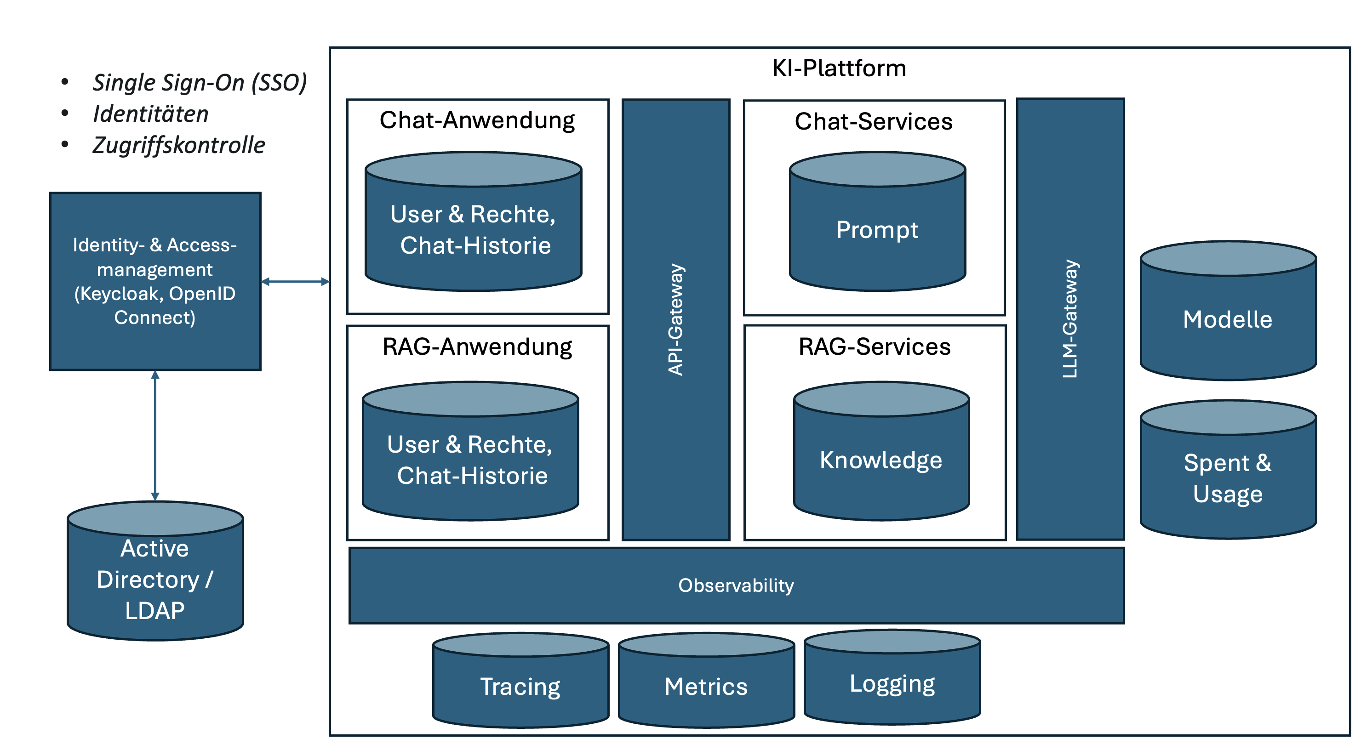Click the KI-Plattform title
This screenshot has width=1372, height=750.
click(839, 68)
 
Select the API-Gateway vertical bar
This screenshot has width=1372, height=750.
click(675, 319)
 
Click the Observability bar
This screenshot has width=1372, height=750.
click(736, 585)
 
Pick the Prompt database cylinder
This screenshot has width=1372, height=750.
click(877, 229)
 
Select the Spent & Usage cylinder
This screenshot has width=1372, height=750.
click(1227, 477)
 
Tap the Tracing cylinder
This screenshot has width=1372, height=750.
click(520, 686)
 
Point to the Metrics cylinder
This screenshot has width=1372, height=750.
click(706, 686)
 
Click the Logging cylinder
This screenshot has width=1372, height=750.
click(892, 683)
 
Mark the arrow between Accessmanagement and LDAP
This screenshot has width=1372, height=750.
click(154, 435)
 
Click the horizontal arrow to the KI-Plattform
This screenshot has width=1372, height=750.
click(295, 281)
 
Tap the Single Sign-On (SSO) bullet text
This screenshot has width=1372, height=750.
click(199, 83)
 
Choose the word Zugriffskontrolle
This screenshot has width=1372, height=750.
click(178, 145)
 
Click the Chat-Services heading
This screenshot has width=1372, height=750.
click(873, 121)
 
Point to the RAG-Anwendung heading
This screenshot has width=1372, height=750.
click(477, 347)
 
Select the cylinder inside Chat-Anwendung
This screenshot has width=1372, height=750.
click(473, 229)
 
